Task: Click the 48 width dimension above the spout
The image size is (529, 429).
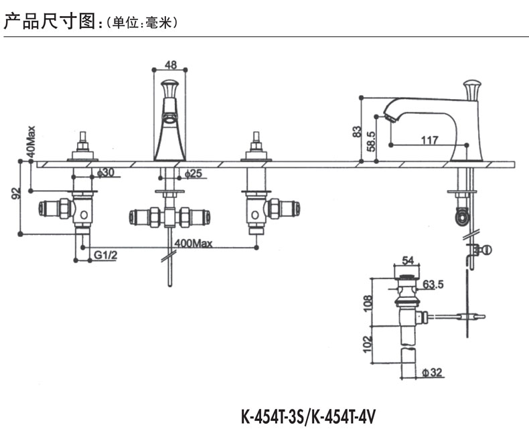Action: pos(170,65)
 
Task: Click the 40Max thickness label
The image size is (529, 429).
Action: pos(30,143)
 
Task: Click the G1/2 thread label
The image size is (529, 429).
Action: pos(105,255)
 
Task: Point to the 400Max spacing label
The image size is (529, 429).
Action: pos(193,244)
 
